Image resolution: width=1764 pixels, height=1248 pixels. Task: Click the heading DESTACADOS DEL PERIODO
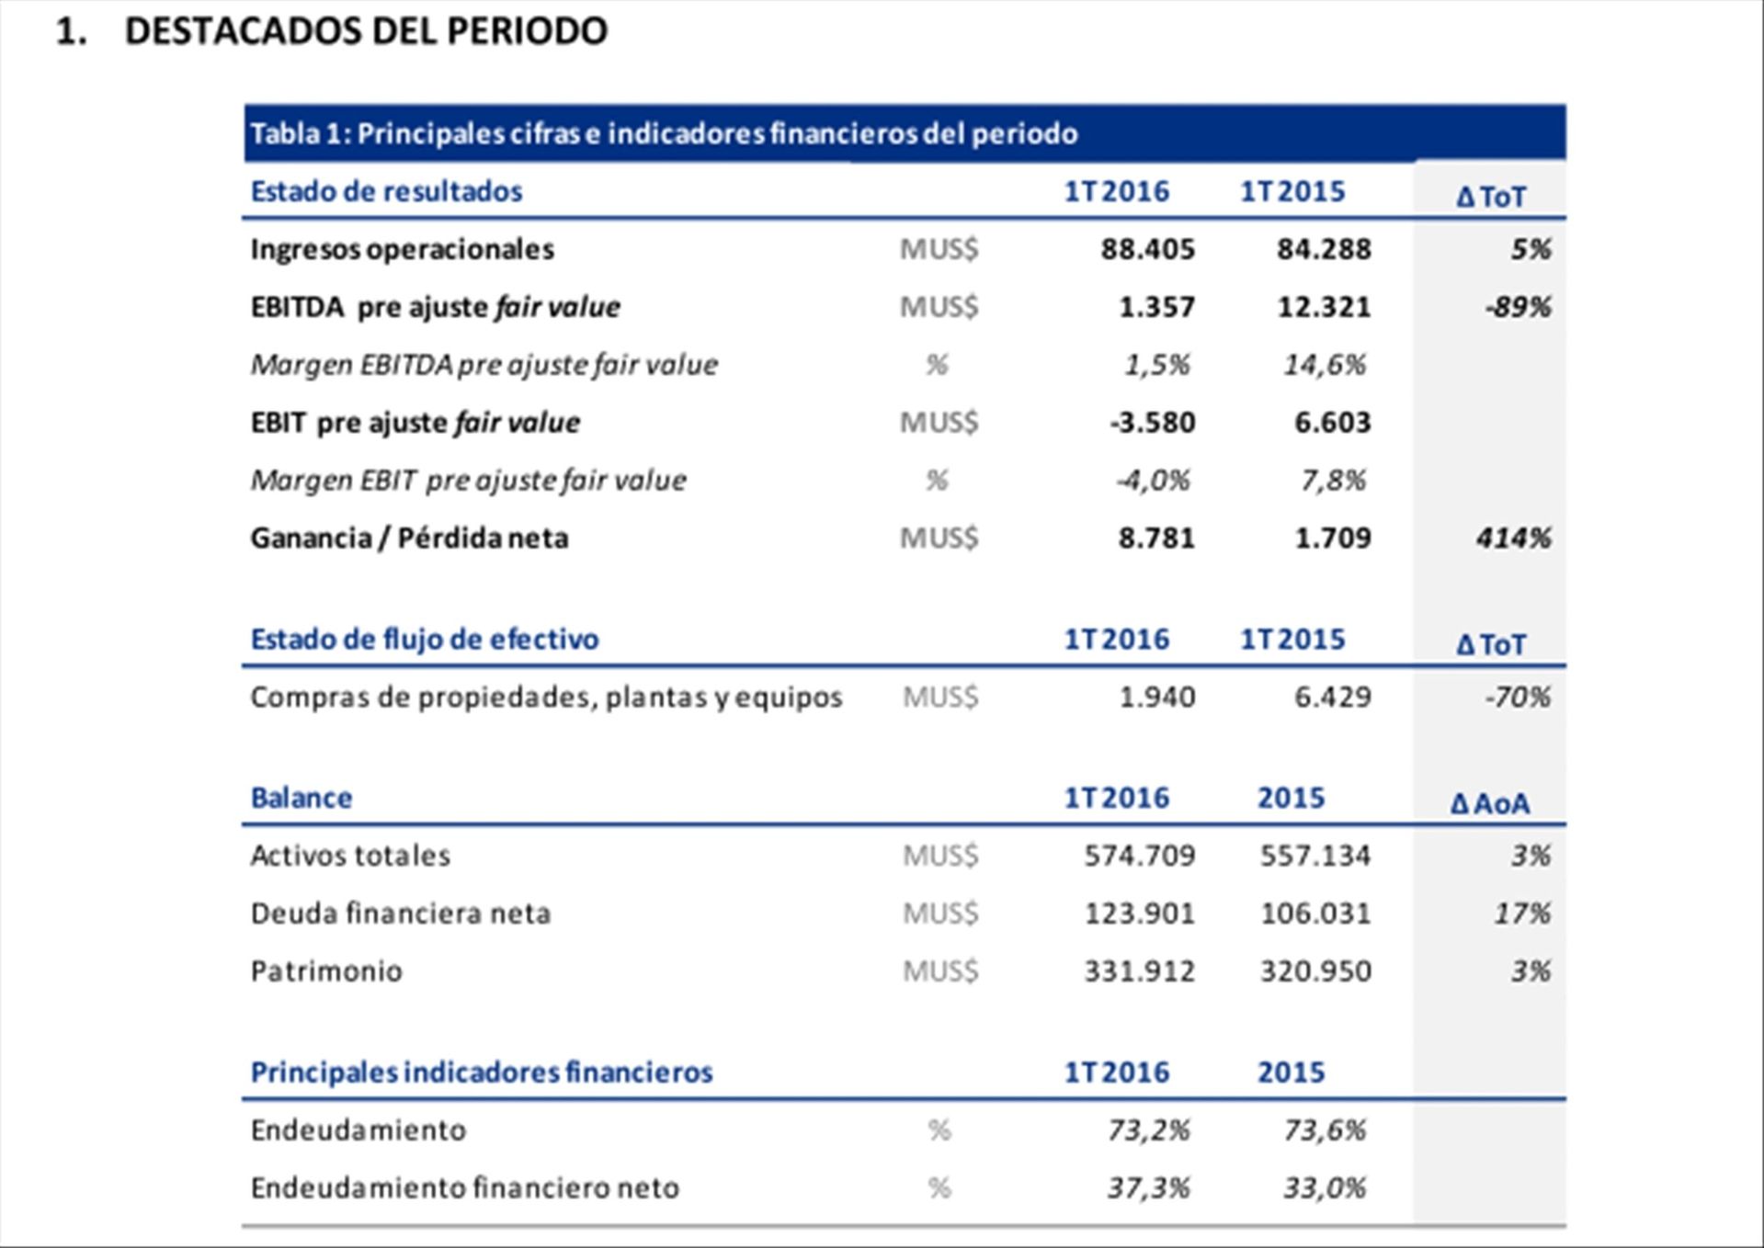pos(365,32)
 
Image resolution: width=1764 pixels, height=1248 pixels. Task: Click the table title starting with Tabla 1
pos(664,134)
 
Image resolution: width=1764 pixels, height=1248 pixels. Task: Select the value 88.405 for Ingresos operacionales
pos(1147,249)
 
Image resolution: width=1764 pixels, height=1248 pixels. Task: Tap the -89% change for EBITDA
pos(1518,307)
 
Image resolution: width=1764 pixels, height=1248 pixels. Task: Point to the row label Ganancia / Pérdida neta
pos(409,538)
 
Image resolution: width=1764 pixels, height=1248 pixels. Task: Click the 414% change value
pos(1513,538)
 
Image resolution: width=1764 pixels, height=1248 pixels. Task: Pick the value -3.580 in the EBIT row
pos(1152,423)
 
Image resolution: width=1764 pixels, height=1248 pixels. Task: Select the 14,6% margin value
pos(1324,365)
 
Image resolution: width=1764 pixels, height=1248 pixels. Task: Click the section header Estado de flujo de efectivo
pos(425,639)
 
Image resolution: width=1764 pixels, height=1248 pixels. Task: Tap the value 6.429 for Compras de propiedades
pos(1332,697)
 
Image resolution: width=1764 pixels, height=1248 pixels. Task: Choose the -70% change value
pos(1518,697)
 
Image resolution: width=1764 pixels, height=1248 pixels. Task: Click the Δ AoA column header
pos(1490,804)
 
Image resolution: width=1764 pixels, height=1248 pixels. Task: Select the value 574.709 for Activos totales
pos(1139,856)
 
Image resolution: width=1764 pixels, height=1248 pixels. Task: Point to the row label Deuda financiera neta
pos(401,913)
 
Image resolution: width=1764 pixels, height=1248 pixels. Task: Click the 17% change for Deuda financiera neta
pos(1522,913)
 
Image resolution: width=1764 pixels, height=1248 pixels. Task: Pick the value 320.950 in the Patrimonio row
pos(1315,971)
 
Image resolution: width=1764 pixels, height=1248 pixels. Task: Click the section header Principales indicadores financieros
pos(482,1072)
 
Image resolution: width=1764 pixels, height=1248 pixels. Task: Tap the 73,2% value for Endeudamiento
pos(1148,1130)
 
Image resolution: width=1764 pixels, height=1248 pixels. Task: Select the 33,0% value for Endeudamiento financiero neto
pos(1324,1188)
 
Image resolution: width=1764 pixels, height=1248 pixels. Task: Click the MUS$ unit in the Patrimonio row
pos(940,971)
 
